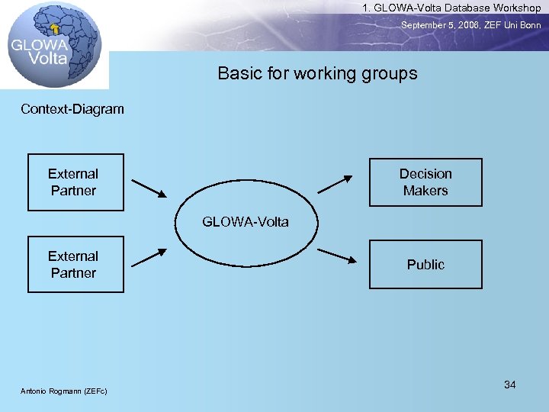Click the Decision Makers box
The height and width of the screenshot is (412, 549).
click(425, 182)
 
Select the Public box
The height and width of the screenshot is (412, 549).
click(425, 264)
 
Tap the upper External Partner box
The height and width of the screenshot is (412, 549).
click(75, 182)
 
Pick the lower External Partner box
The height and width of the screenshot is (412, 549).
click(75, 264)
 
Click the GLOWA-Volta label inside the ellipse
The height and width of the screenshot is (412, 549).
click(246, 222)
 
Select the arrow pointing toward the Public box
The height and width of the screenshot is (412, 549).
click(337, 256)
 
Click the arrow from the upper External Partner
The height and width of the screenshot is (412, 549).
click(148, 187)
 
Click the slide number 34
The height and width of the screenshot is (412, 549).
click(509, 385)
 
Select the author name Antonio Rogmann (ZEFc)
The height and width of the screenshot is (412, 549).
click(64, 391)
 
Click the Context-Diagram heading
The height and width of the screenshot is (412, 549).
click(72, 109)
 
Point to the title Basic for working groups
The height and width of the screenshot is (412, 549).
click(317, 73)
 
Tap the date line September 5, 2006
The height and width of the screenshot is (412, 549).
click(471, 25)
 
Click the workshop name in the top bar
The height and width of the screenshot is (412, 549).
click(451, 8)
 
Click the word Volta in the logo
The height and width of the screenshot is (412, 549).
click(48, 57)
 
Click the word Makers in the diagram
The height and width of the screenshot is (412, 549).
click(425, 191)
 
